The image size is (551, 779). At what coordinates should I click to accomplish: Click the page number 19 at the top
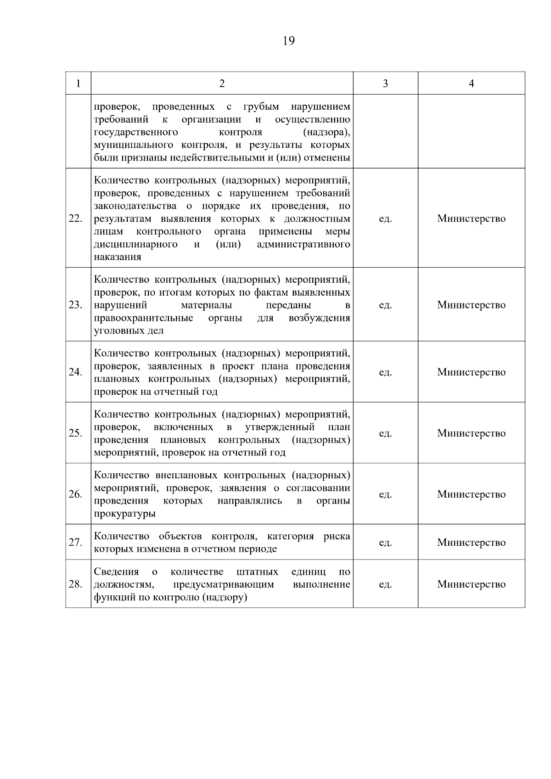[x=288, y=41]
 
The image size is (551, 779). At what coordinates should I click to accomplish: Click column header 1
[x=78, y=84]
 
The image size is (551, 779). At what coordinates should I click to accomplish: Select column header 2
[x=222, y=84]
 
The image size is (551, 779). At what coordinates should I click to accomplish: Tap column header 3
[x=385, y=84]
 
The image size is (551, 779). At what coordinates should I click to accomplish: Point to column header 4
[x=471, y=84]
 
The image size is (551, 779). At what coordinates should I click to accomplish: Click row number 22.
[x=75, y=219]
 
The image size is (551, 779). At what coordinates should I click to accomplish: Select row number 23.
[x=75, y=305]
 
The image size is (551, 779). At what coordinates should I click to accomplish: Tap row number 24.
[x=75, y=372]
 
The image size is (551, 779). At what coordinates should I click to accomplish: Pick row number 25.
[x=75, y=433]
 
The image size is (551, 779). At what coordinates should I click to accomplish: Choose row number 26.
[x=75, y=494]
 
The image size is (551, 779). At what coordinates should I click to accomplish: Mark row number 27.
[x=75, y=543]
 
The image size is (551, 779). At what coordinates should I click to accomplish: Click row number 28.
[x=75, y=584]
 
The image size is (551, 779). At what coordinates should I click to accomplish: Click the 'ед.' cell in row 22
[x=385, y=219]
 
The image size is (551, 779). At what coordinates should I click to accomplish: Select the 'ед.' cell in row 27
[x=385, y=543]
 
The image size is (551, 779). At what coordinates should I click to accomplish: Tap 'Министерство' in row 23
[x=471, y=305]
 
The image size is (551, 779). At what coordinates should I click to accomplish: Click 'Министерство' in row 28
[x=471, y=584]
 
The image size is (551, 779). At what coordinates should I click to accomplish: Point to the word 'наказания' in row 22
[x=118, y=257]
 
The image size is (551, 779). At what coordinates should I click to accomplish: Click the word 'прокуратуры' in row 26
[x=124, y=514]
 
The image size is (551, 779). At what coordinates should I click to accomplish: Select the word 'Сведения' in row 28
[x=116, y=572]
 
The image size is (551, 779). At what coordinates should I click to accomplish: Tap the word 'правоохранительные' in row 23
[x=143, y=318]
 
